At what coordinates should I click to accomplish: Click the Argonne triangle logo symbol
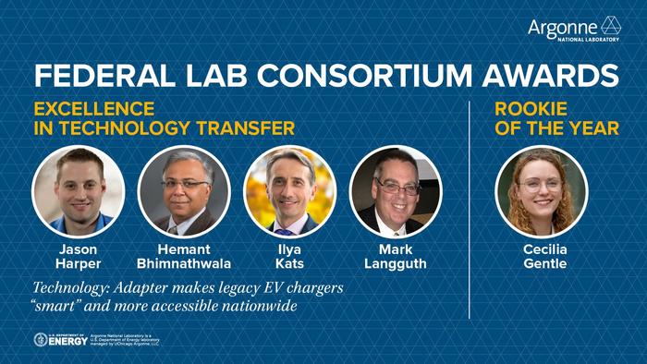(611, 26)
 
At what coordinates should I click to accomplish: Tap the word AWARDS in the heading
(553, 75)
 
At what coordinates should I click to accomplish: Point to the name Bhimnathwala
(184, 264)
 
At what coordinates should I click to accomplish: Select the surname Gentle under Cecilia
(544, 264)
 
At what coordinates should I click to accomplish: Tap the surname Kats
(289, 264)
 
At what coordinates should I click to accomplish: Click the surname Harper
(79, 264)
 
